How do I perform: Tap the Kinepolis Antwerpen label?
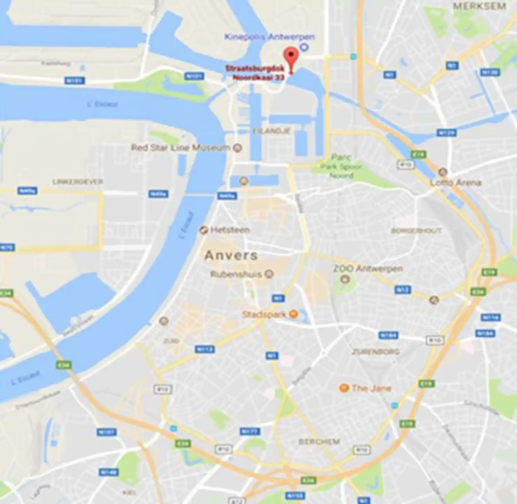[269, 37]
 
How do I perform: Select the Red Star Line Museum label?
[180, 148]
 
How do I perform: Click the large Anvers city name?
[231, 255]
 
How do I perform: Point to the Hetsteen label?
[230, 230]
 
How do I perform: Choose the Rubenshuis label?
[236, 274]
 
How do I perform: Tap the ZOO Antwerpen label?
[368, 268]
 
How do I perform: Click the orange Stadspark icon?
[293, 314]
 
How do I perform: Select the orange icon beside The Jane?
[344, 388]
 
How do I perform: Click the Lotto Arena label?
[455, 182]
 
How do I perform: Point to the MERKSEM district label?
[479, 6]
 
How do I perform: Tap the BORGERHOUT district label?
[416, 231]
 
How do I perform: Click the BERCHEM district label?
[319, 442]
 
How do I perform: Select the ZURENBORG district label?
[375, 352]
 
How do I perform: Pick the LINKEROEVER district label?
[77, 182]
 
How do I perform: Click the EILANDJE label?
[271, 131]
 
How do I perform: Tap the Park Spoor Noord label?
[341, 167]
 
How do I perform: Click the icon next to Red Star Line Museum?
[238, 148]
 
